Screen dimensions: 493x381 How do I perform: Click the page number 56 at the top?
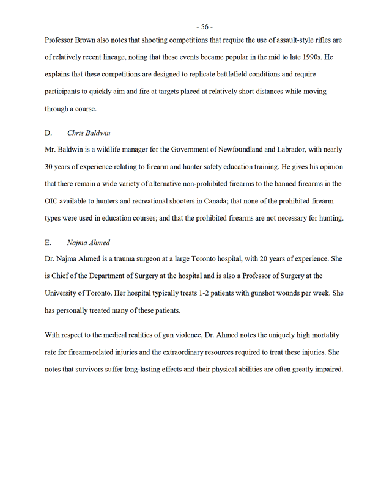pos(205,26)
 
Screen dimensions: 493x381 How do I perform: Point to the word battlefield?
pos(218,75)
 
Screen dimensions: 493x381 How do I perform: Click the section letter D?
pos(48,133)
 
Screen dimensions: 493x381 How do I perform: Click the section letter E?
pos(48,243)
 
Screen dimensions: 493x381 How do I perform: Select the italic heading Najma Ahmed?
pos(89,243)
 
